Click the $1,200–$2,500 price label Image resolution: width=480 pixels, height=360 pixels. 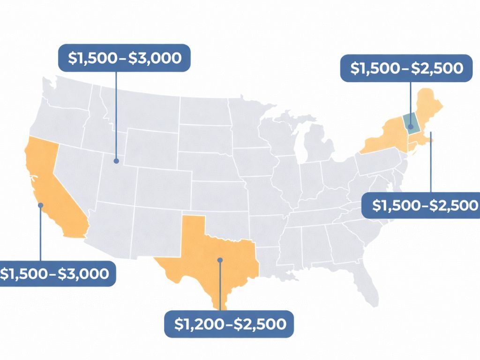pos(229,324)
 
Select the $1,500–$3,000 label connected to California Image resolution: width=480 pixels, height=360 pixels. pos(57,274)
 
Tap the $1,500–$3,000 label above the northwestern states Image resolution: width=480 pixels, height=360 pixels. pos(124,58)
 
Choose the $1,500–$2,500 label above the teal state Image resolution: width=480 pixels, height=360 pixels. pos(406,68)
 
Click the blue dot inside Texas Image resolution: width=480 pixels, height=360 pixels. pos(219,259)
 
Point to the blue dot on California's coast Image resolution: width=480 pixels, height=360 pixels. pos(41,205)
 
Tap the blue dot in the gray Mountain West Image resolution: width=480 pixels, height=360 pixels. pos(116,161)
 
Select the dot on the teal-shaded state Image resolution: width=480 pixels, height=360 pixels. pos(411,127)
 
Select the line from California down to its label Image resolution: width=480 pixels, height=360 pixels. pos(41,234)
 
